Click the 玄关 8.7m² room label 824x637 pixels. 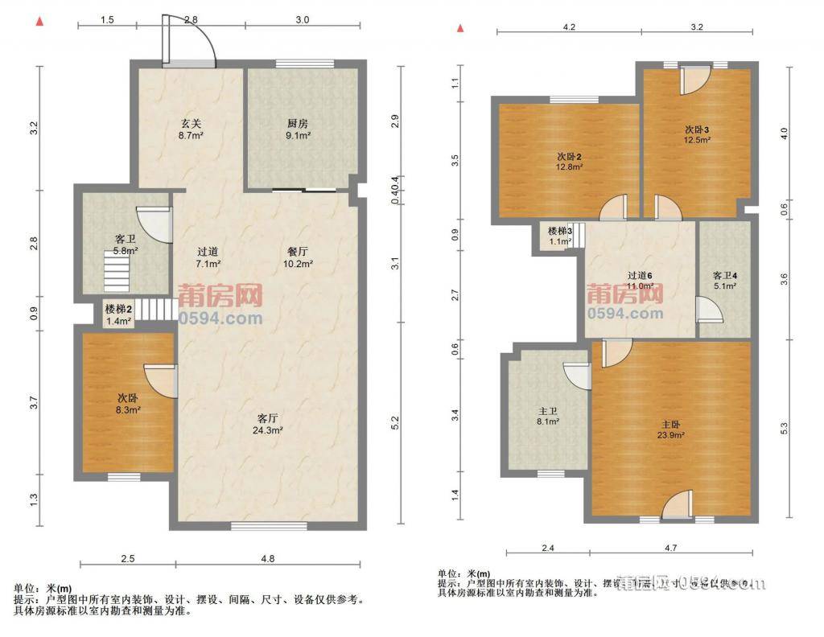(x=190, y=129)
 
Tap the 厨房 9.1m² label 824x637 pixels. (x=298, y=129)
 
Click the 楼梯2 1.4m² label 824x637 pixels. (x=118, y=314)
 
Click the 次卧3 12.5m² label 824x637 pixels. (x=697, y=134)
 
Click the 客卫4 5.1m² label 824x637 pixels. (x=724, y=279)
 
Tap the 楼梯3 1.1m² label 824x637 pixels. (x=560, y=236)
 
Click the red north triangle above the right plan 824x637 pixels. (x=460, y=29)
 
